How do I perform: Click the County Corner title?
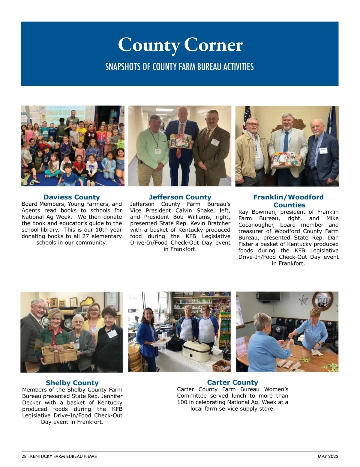[x=180, y=45]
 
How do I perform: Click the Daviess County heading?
[x=72, y=197]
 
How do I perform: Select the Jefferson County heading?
[x=180, y=197]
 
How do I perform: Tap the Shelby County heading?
[x=72, y=383]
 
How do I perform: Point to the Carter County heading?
[x=232, y=382]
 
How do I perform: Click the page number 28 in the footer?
[x=24, y=457]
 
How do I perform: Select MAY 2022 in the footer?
[x=328, y=457]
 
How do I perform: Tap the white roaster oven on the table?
[x=197, y=350]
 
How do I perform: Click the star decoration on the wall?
[x=303, y=299]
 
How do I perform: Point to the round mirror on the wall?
[x=322, y=300]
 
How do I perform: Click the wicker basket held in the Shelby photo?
[x=55, y=354]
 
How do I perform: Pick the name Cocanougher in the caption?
[x=256, y=225]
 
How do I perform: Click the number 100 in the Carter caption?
[x=182, y=402]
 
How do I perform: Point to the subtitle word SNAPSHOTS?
[x=123, y=67]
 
